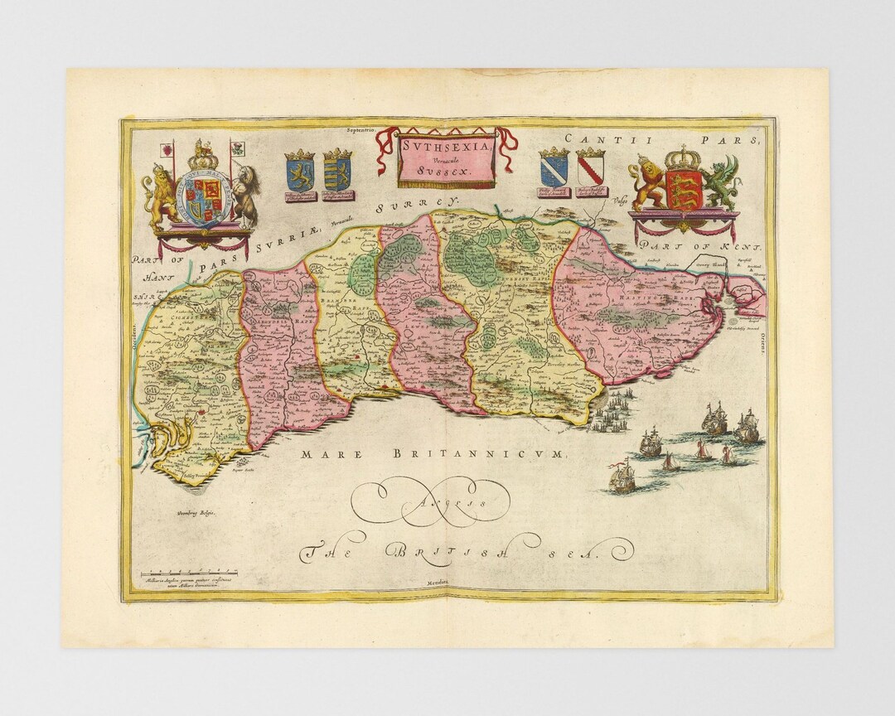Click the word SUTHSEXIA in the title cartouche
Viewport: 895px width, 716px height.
tap(447, 145)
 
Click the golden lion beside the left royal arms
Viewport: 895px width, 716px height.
tap(160, 199)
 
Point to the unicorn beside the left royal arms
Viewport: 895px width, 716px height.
tap(244, 199)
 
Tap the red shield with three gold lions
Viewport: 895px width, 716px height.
tap(683, 190)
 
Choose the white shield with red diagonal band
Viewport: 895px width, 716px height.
tap(591, 169)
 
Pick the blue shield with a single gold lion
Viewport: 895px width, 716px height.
tap(299, 172)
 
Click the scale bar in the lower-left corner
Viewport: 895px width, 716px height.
tap(190, 572)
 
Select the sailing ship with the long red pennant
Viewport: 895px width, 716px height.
tap(622, 476)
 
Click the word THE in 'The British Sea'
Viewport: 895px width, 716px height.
tap(325, 551)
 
